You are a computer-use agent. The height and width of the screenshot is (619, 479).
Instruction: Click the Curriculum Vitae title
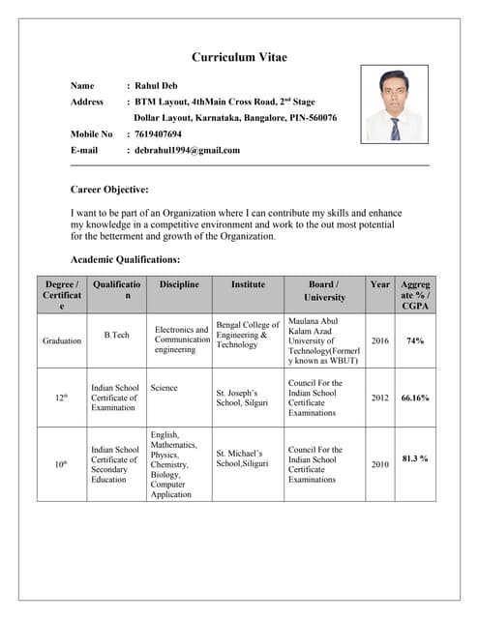click(x=239, y=57)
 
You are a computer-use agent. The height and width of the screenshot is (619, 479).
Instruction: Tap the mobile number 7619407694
click(x=158, y=134)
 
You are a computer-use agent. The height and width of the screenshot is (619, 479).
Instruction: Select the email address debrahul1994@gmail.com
click(x=187, y=151)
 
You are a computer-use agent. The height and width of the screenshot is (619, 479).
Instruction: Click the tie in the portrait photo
click(x=395, y=128)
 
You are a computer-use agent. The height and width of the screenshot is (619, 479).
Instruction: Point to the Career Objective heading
click(x=109, y=190)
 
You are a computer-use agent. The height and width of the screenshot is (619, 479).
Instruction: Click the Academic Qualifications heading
click(x=126, y=259)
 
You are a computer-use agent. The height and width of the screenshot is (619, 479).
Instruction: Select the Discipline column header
click(x=179, y=284)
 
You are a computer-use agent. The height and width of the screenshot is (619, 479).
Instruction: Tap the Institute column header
click(x=248, y=284)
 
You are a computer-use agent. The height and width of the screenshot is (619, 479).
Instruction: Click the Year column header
click(x=380, y=284)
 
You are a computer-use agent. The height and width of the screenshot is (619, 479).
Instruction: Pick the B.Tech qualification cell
click(x=116, y=335)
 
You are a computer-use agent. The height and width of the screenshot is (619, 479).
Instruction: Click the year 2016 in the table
click(x=380, y=340)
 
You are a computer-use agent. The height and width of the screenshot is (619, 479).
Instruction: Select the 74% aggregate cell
click(x=416, y=340)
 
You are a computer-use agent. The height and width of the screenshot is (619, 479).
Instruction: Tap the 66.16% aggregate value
click(x=416, y=398)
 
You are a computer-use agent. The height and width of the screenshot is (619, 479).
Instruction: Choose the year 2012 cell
click(x=380, y=398)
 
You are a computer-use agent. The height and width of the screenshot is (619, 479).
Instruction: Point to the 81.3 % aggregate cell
click(x=416, y=458)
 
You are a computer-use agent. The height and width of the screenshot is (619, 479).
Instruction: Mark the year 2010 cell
click(x=380, y=464)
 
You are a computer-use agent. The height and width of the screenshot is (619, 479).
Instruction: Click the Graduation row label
click(x=62, y=340)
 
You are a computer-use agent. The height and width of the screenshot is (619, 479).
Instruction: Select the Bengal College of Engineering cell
click(x=248, y=335)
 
